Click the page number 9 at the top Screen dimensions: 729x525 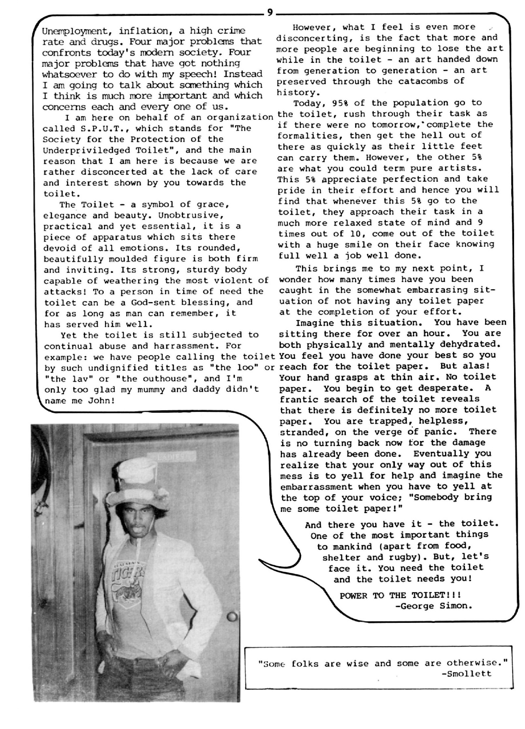tap(270, 12)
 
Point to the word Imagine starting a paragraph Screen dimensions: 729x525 tap(315, 323)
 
